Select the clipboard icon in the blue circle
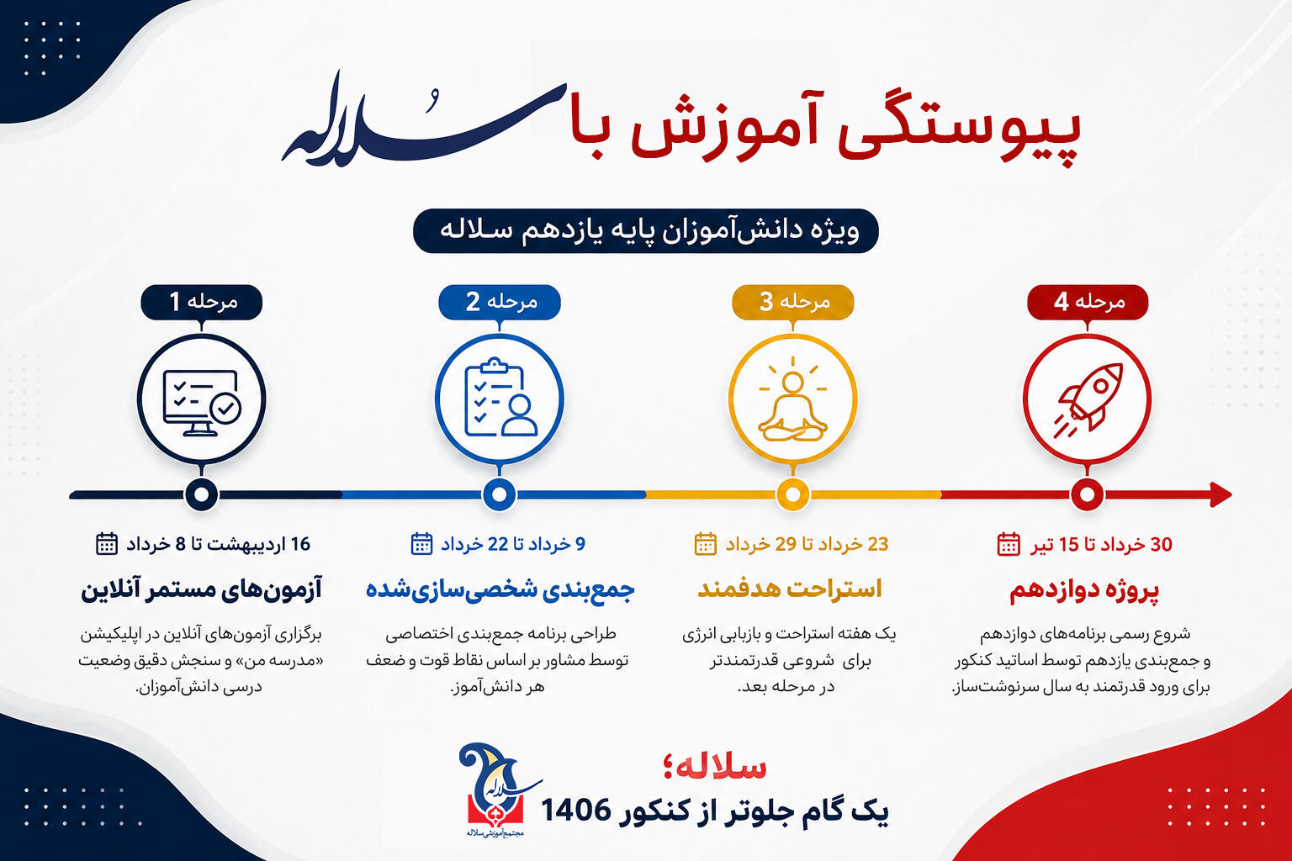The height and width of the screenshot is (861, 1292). click(500, 398)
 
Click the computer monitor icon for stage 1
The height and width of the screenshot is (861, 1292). click(202, 403)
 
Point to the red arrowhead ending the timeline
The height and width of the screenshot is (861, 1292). click(1221, 494)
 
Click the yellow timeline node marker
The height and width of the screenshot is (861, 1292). click(792, 494)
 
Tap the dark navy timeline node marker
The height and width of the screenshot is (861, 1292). click(201, 494)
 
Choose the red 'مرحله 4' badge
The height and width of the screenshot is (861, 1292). click(1088, 302)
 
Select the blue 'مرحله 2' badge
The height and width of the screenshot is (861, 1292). click(500, 302)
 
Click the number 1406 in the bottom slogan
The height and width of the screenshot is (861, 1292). click(575, 811)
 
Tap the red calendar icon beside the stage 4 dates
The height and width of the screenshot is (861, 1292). click(1009, 544)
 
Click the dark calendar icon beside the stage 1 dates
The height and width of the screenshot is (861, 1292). click(107, 544)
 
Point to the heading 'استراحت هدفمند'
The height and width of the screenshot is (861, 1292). click(790, 589)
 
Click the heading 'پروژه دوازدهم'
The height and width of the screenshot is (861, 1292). click(1084, 591)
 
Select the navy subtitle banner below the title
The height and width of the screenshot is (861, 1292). click(646, 230)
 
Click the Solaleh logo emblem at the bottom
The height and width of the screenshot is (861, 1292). click(496, 790)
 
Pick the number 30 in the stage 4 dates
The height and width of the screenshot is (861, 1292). click(1162, 544)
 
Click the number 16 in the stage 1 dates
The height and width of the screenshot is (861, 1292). click(300, 544)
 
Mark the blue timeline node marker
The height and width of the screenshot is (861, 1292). click(500, 494)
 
